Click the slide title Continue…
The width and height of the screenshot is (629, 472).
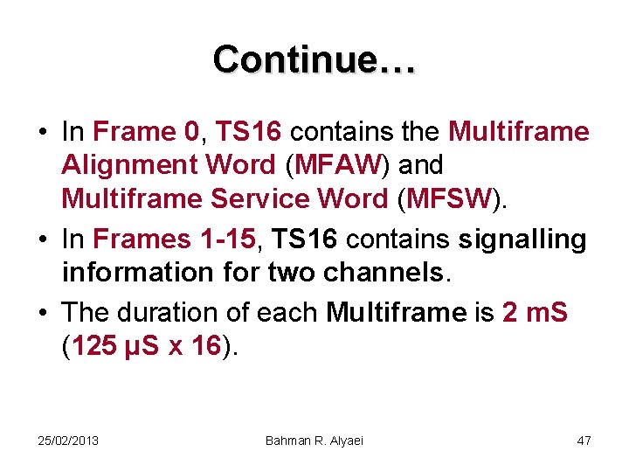(x=314, y=59)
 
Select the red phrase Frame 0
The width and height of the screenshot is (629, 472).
(x=146, y=132)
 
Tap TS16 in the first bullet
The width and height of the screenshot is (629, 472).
(x=248, y=132)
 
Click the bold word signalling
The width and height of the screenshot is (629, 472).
(x=522, y=239)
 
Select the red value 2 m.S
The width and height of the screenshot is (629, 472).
(x=536, y=312)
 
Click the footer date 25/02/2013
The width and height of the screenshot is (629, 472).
(x=67, y=441)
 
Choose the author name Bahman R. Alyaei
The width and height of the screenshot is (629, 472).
(x=314, y=441)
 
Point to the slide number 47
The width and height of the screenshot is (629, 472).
(x=584, y=441)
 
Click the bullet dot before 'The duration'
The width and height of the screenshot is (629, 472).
(x=43, y=313)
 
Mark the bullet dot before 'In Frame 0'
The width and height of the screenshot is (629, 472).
(x=43, y=133)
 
